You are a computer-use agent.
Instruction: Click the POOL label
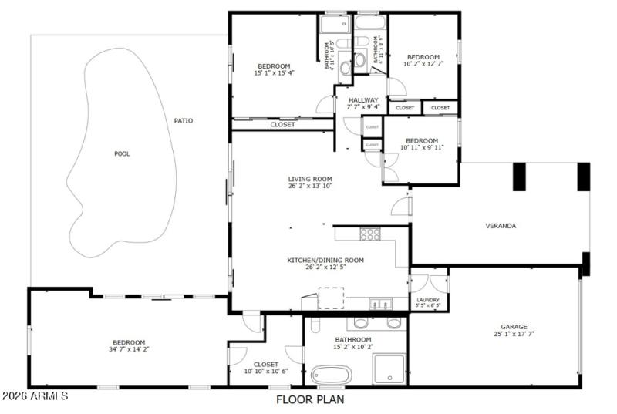coord(122,153)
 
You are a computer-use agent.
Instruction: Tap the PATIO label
coord(183,120)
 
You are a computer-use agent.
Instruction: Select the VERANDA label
coord(500,226)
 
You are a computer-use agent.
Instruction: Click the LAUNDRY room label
coord(428,299)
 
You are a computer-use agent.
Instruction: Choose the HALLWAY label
coord(362,100)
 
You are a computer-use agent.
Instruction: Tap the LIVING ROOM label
coord(309,179)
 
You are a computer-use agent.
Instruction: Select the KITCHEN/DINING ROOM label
coord(325,260)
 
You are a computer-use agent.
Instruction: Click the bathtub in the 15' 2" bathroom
coord(332,375)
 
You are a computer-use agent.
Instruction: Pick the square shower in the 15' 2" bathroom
coord(389,369)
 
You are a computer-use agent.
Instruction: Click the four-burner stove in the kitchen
coord(371,234)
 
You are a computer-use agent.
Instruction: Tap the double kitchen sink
coord(378,304)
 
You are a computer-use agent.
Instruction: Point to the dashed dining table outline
coord(332,298)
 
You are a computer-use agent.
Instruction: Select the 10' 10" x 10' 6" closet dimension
coord(265,372)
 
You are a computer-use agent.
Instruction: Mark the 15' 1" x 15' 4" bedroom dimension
coord(275,73)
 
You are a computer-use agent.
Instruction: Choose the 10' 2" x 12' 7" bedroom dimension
coord(423,65)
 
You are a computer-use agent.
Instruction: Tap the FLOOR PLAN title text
coord(310,399)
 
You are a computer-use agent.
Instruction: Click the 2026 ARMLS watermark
coord(35,396)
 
